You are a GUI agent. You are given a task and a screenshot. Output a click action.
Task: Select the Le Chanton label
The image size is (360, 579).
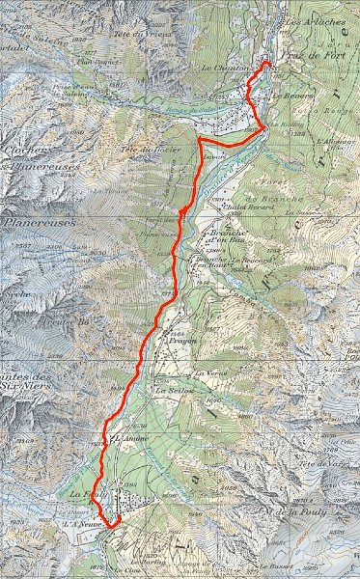click(x=226, y=69)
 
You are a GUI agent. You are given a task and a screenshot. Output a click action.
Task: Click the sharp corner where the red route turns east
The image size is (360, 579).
click(x=200, y=140)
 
